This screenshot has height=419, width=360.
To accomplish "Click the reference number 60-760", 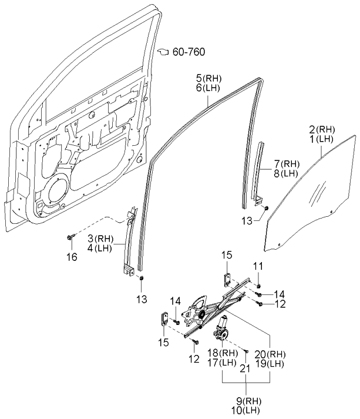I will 189,53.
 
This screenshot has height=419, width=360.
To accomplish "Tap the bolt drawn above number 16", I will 71,236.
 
